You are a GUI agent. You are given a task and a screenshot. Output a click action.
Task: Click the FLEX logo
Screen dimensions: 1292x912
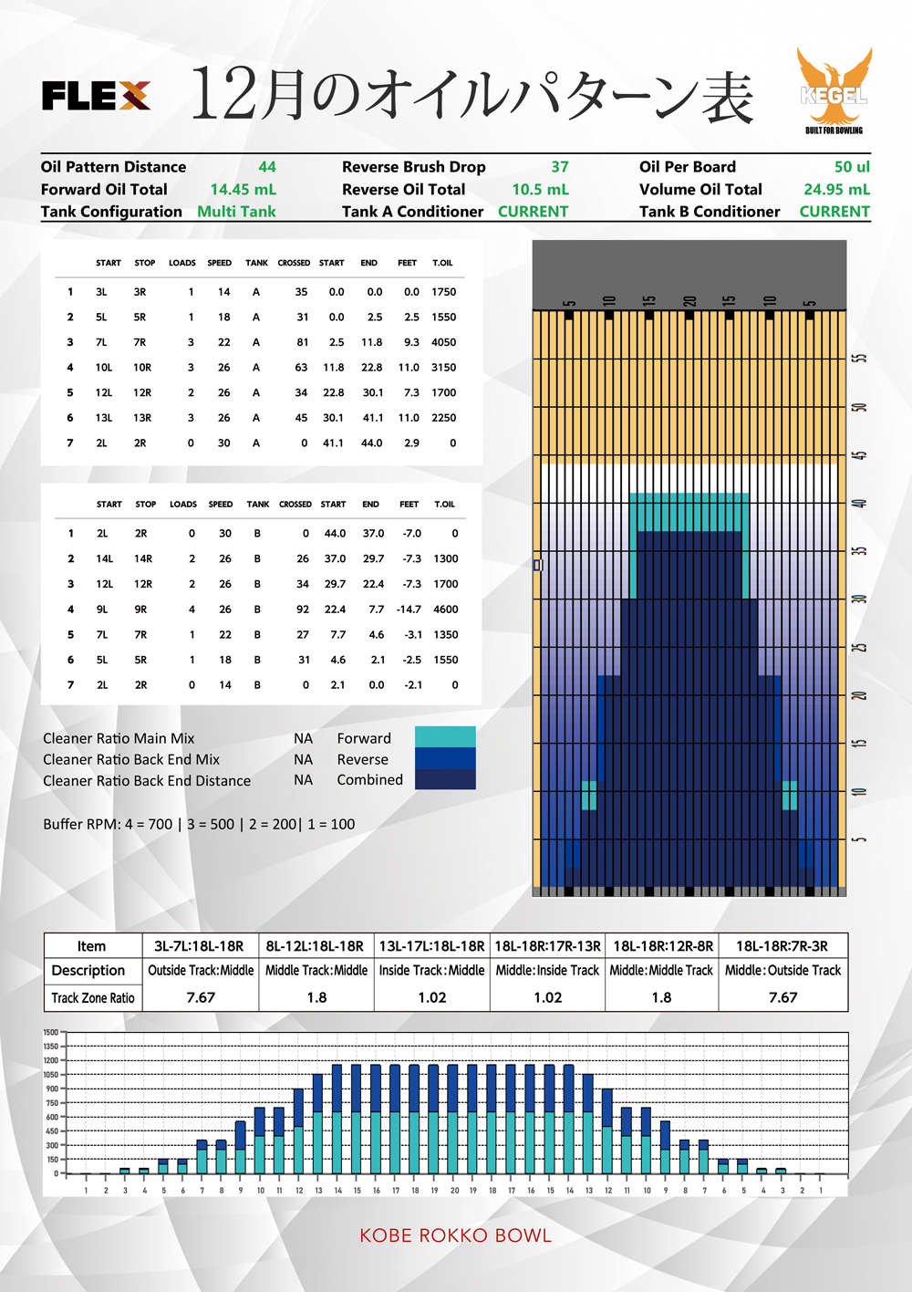(x=96, y=96)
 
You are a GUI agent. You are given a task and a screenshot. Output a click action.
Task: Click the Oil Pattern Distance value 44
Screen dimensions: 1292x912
(x=267, y=167)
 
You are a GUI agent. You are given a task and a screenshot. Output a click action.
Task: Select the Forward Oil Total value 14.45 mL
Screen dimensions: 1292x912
(x=243, y=190)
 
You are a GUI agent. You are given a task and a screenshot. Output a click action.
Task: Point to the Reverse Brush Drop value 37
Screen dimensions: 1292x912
(x=560, y=167)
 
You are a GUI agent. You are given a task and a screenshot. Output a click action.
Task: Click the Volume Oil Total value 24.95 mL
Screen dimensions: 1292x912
(x=836, y=190)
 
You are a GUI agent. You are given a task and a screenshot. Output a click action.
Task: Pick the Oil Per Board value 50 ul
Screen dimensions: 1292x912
(x=852, y=167)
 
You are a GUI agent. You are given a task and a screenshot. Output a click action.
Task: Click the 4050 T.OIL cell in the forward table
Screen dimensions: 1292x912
(x=444, y=342)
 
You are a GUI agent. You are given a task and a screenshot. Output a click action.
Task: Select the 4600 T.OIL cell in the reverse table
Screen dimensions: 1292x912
(x=446, y=610)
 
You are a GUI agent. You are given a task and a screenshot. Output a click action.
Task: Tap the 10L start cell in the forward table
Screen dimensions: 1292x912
(x=104, y=368)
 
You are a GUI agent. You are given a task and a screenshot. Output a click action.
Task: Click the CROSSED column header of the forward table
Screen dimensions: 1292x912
(x=294, y=263)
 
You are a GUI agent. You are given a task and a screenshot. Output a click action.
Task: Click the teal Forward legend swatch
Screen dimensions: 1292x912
(x=445, y=736)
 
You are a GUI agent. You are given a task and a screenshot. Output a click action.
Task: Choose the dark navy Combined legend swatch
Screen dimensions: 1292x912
(x=445, y=779)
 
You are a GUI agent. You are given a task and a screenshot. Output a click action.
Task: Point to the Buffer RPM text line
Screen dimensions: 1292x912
(x=199, y=824)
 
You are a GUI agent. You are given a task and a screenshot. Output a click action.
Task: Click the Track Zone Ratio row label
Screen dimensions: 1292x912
(x=93, y=998)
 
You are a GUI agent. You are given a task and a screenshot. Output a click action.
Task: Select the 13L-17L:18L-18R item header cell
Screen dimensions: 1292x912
(x=431, y=946)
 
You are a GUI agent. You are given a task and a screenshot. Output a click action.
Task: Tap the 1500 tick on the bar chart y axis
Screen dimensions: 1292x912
(x=51, y=1033)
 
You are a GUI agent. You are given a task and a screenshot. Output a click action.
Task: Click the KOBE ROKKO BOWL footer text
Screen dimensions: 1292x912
(x=455, y=1235)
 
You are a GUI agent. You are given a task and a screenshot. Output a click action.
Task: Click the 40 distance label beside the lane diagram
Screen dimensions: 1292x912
(x=859, y=504)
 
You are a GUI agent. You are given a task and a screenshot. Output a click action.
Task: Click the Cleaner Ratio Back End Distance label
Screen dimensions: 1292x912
(x=147, y=781)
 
